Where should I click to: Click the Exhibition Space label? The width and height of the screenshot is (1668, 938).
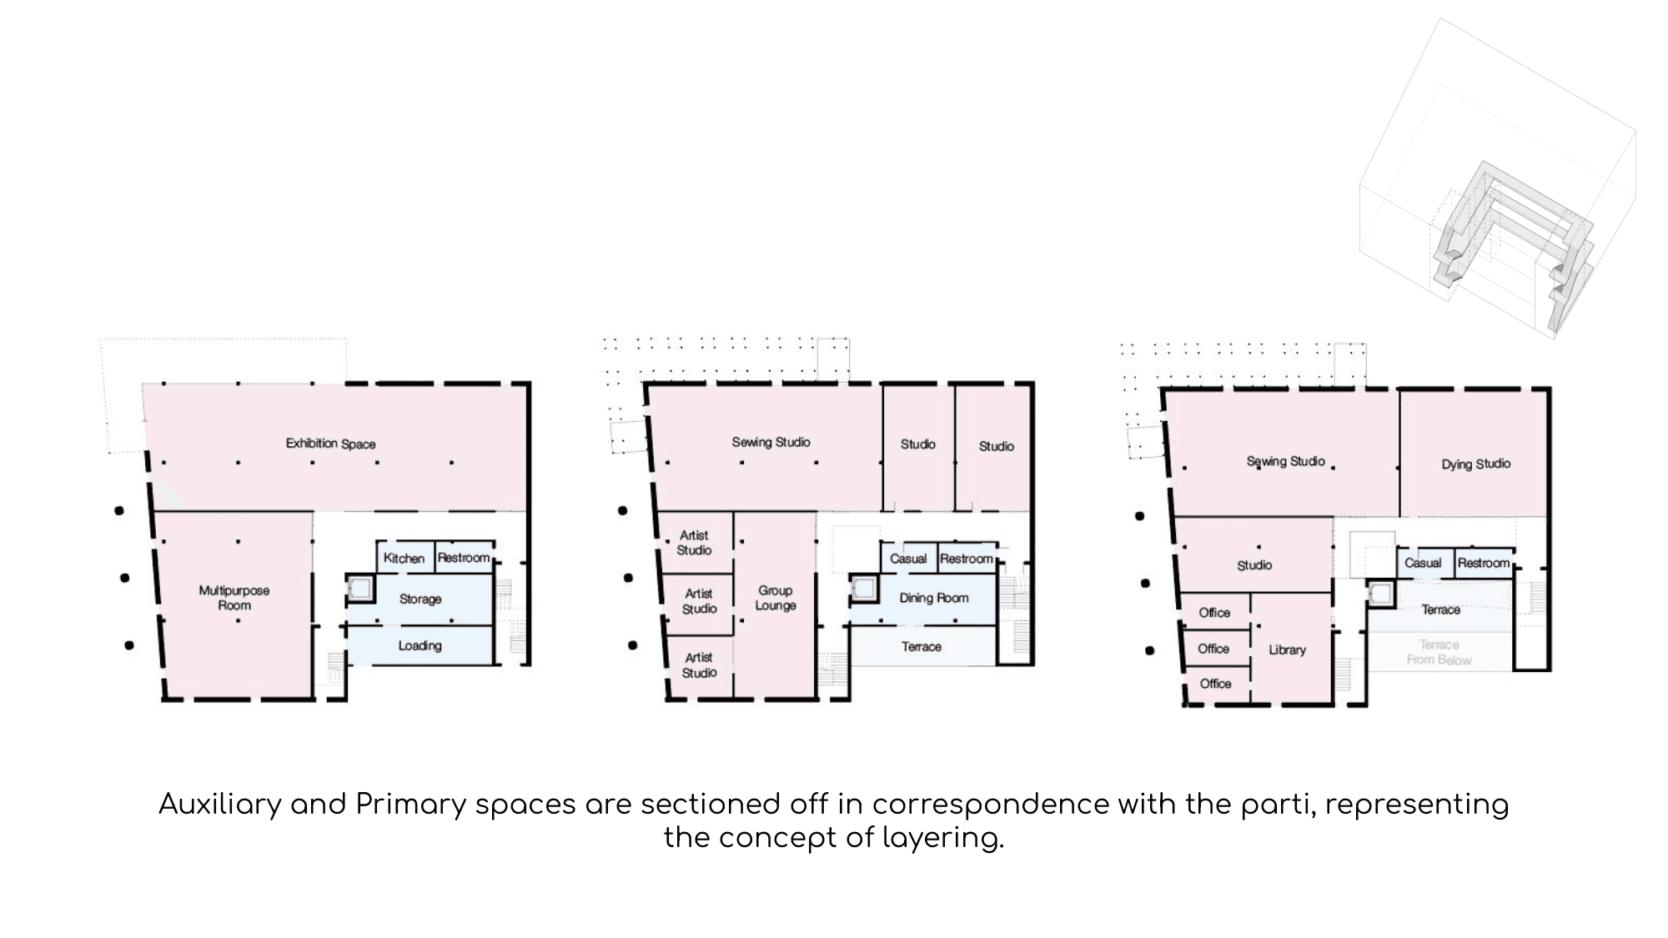point(330,444)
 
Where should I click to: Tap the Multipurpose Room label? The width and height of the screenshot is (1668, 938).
point(234,598)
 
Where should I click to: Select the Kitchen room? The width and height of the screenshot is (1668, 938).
point(404,558)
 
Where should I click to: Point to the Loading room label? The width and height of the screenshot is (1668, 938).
point(420,645)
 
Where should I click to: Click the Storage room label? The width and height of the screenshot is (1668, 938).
point(420,599)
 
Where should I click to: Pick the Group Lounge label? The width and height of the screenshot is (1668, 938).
point(776,598)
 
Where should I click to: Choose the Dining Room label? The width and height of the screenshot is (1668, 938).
point(934,598)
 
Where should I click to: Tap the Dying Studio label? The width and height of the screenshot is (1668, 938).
point(1476,464)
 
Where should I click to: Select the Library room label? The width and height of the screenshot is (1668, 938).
point(1287,650)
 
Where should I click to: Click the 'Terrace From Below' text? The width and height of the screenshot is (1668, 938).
point(1439,652)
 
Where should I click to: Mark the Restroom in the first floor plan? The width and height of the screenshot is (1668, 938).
point(464,558)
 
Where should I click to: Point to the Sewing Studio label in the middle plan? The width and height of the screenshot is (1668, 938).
point(771,442)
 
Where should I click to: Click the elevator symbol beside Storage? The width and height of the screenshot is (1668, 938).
point(360,589)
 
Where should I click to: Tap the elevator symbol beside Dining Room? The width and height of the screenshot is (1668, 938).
point(863,589)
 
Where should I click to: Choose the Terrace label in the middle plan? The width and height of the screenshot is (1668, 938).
point(922,646)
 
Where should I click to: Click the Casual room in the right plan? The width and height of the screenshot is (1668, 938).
point(1423,563)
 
